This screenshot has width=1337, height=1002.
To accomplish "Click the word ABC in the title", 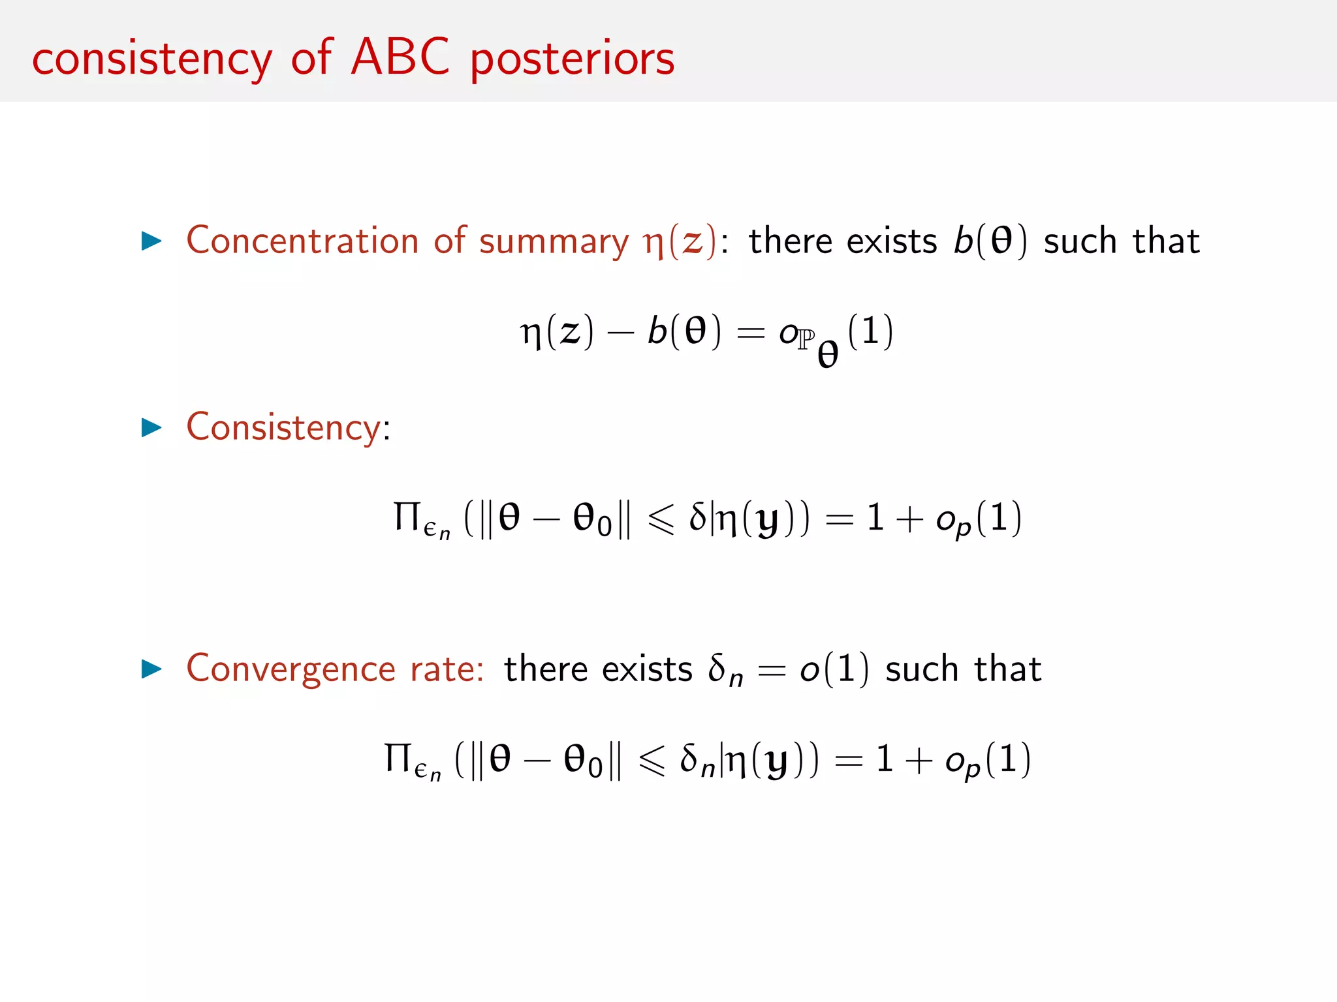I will [400, 57].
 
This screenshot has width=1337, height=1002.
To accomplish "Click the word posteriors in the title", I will [573, 61].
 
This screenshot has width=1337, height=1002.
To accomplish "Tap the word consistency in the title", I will [151, 61].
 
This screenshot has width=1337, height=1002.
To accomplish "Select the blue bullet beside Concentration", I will [151, 241].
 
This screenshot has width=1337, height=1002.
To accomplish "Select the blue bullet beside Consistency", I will [151, 427].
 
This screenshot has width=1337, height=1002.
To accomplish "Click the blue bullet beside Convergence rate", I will [151, 669].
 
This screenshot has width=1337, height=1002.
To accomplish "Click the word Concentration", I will [302, 240].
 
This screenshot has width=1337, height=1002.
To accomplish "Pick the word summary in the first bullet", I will [554, 243].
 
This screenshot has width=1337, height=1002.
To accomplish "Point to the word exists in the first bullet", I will [892, 241].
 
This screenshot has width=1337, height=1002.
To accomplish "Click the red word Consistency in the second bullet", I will [284, 427].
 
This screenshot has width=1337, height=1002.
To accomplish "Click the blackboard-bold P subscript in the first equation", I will [806, 339].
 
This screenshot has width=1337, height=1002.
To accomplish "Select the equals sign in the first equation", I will [750, 333].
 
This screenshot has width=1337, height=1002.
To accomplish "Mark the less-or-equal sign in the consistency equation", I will [661, 521].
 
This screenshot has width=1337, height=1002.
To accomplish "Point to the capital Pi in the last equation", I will [398, 758].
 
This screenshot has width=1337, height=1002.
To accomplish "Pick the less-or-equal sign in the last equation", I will [652, 761].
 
